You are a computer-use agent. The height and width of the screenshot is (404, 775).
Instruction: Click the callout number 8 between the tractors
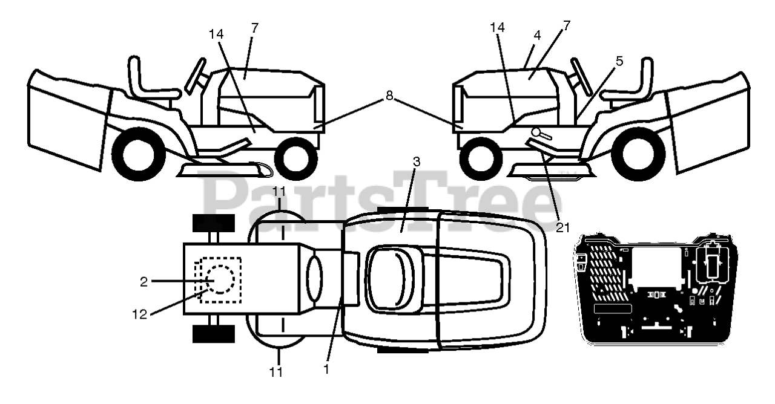click(389, 95)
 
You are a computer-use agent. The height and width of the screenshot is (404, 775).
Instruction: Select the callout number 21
click(562, 227)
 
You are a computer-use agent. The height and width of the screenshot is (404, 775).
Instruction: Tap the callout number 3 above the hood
click(417, 163)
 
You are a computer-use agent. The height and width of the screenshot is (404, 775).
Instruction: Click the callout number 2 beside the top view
click(143, 281)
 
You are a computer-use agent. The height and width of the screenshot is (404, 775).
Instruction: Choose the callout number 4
click(536, 36)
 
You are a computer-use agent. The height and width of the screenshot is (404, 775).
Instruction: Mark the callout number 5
click(619, 62)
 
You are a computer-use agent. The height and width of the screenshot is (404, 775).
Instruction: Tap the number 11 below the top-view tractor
click(276, 373)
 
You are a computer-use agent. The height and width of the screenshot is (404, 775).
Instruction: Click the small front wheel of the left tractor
click(297, 158)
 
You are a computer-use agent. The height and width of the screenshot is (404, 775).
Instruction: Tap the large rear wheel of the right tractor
click(634, 155)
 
